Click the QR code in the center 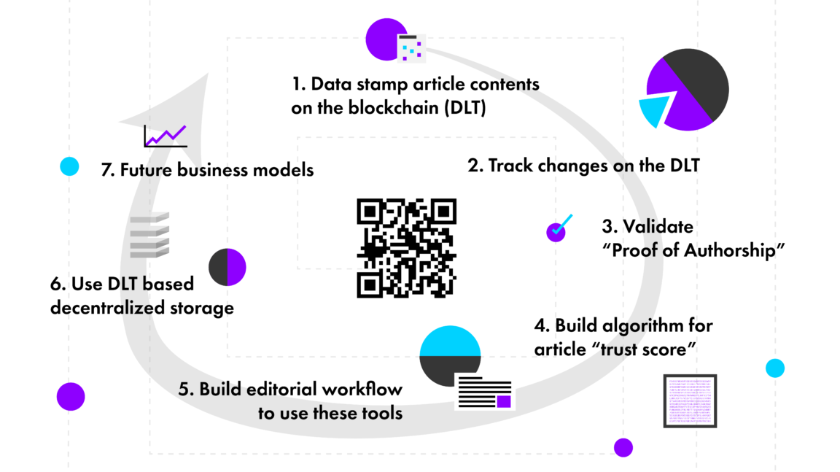pyautogui.click(x=406, y=248)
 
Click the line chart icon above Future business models pyautogui.click(x=166, y=135)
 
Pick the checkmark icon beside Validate pyautogui.click(x=559, y=228)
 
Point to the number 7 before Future pyautogui.click(x=105, y=170)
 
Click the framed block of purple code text pyautogui.click(x=690, y=401)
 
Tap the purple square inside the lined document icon pyautogui.click(x=503, y=401)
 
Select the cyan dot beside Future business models pyautogui.click(x=69, y=167)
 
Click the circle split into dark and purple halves pyautogui.click(x=227, y=268)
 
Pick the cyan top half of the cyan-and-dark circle pyautogui.click(x=450, y=340)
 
